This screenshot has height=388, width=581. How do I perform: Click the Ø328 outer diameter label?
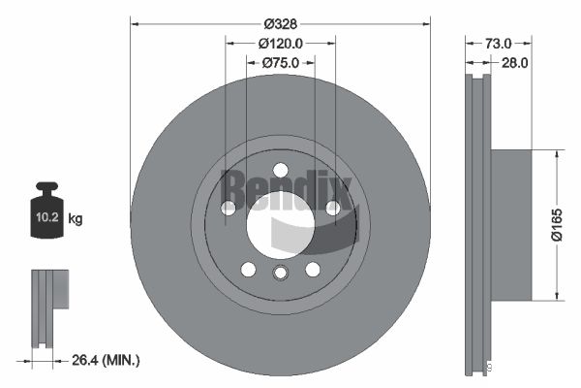tap(281, 22)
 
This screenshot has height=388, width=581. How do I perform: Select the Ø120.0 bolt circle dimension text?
tap(281, 43)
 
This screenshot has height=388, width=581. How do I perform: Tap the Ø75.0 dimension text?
tap(281, 62)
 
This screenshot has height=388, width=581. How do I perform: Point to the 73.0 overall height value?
tap(498, 43)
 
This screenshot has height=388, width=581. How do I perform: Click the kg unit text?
tap(76, 219)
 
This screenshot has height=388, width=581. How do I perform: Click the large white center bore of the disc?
tap(281, 225)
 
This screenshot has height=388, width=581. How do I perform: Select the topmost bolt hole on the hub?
tap(281, 170)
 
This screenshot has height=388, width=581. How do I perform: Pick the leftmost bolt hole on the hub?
tap(229, 208)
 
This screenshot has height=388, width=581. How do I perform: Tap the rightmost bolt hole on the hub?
tap(333, 208)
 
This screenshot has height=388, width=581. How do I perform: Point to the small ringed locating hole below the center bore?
tap(281, 274)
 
